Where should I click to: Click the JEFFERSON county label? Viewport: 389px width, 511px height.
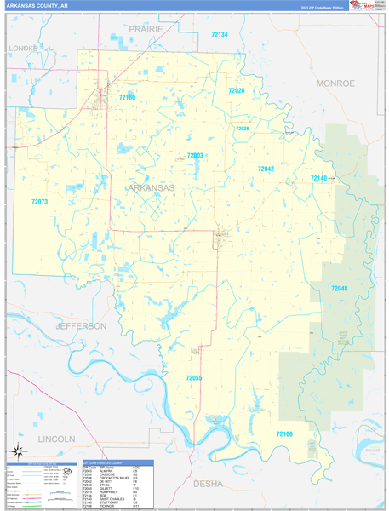click(x=81, y=326)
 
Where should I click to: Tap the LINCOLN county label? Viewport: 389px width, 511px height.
click(x=57, y=439)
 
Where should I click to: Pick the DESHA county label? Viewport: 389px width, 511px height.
click(x=209, y=483)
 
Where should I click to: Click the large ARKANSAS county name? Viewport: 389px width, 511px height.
click(x=151, y=187)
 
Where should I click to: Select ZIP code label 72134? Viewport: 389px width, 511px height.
click(x=219, y=35)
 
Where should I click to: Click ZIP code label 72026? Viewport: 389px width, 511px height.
click(x=236, y=90)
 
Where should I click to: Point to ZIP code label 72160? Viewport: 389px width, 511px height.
click(x=127, y=98)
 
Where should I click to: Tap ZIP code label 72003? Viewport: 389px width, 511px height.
click(x=195, y=156)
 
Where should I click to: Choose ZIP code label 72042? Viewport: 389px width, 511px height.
click(x=266, y=169)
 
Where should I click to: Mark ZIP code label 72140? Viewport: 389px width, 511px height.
click(x=318, y=177)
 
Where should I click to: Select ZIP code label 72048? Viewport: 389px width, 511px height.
click(x=339, y=290)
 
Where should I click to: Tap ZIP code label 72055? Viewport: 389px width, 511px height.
click(x=194, y=377)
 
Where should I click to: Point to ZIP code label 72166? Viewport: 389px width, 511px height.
click(x=284, y=433)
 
